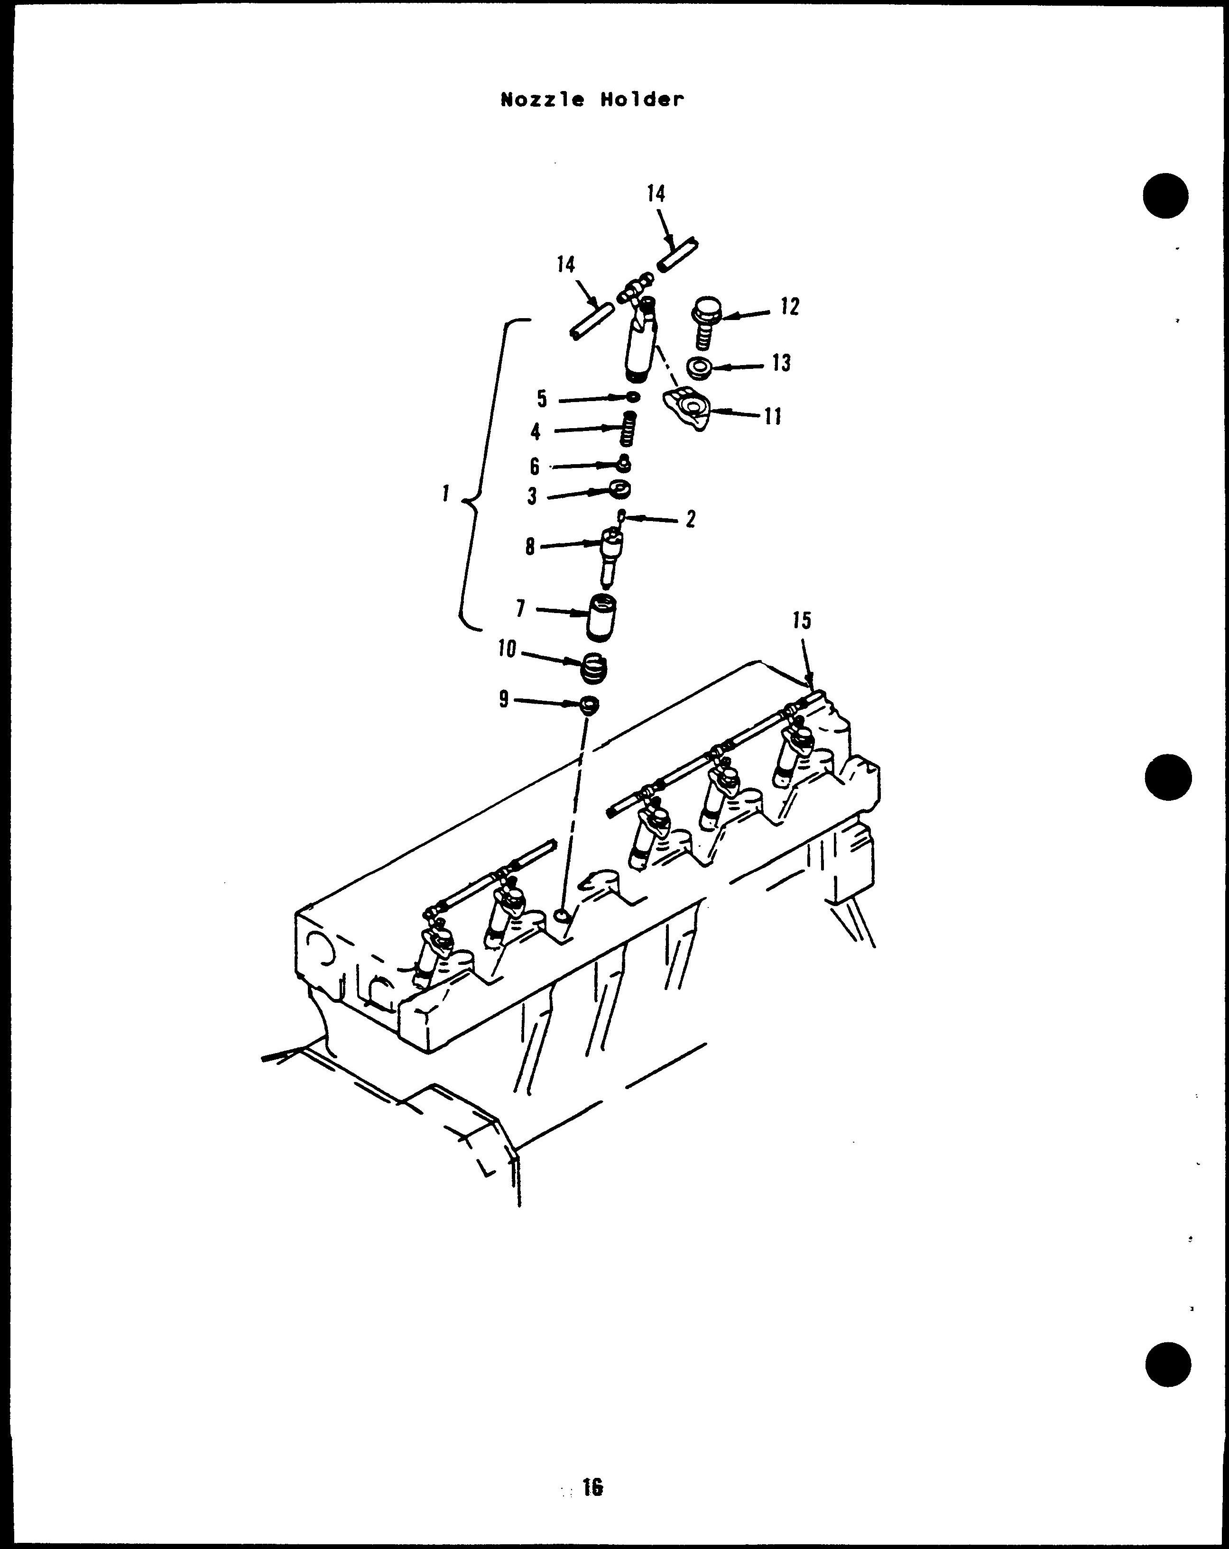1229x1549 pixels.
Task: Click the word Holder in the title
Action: coord(642,100)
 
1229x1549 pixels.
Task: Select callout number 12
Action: coord(789,307)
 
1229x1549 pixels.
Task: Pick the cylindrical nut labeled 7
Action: coord(601,616)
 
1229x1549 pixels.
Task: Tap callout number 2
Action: coord(691,519)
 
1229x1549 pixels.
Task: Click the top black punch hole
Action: coord(1166,196)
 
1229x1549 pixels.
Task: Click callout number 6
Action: coord(534,467)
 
